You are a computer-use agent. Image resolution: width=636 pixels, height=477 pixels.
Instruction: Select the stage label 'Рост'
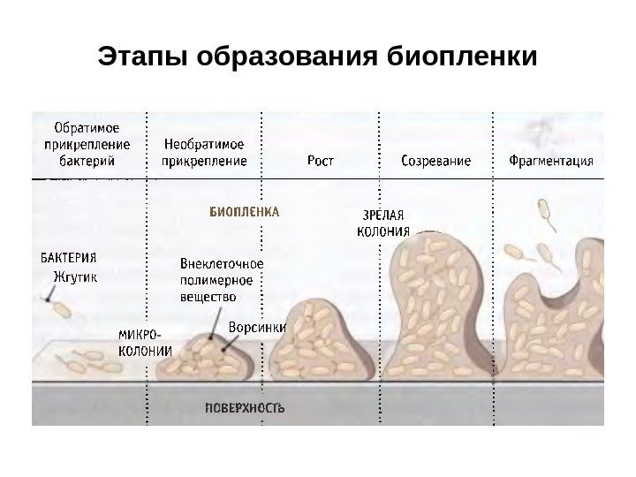[x=320, y=162]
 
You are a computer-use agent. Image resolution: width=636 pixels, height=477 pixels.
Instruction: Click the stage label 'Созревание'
[x=436, y=162]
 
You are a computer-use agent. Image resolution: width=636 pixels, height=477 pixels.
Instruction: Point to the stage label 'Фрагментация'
[x=550, y=162]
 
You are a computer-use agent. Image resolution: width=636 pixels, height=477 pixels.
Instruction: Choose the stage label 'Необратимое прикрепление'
[x=204, y=152]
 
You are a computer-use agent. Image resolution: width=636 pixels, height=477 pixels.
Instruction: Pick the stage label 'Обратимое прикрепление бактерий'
[x=87, y=145]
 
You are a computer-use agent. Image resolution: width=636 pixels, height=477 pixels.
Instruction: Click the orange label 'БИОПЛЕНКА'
[x=244, y=212]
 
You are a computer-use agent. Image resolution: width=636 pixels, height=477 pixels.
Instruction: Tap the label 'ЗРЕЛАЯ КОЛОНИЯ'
[x=383, y=224]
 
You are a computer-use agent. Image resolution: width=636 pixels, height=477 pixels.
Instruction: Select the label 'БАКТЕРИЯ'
[x=70, y=259]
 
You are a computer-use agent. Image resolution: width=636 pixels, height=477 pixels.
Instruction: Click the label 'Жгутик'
[x=73, y=276]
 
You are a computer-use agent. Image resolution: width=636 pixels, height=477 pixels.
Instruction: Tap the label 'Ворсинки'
[x=257, y=327]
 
